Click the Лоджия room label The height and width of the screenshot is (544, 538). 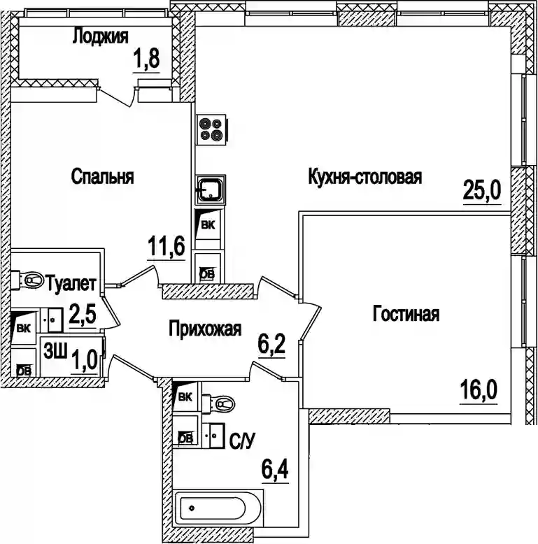pyautogui.click(x=100, y=37)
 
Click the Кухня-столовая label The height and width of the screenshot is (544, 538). pyautogui.click(x=364, y=177)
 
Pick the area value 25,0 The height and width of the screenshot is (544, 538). pyautogui.click(x=483, y=189)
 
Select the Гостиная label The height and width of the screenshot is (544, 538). pyautogui.click(x=406, y=314)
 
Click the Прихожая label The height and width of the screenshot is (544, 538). pyautogui.click(x=205, y=329)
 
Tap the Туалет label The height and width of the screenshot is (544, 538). pyautogui.click(x=75, y=284)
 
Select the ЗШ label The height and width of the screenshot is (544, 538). pyautogui.click(x=55, y=350)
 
